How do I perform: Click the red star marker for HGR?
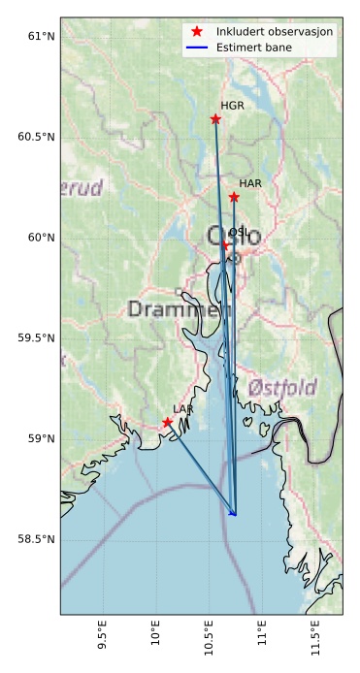click(215, 119)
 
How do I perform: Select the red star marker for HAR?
click(234, 197)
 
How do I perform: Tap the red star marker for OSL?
click(225, 245)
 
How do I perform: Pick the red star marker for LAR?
click(167, 422)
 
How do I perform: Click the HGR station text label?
click(232, 106)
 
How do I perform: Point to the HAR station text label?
click(250, 183)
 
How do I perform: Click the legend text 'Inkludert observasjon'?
click(276, 32)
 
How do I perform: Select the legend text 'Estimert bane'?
click(255, 47)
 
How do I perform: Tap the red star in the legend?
click(197, 32)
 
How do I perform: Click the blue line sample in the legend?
click(197, 47)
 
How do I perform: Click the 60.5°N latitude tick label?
click(37, 137)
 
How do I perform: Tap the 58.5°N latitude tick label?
click(37, 538)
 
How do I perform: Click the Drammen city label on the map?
click(173, 310)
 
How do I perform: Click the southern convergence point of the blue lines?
click(234, 514)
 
